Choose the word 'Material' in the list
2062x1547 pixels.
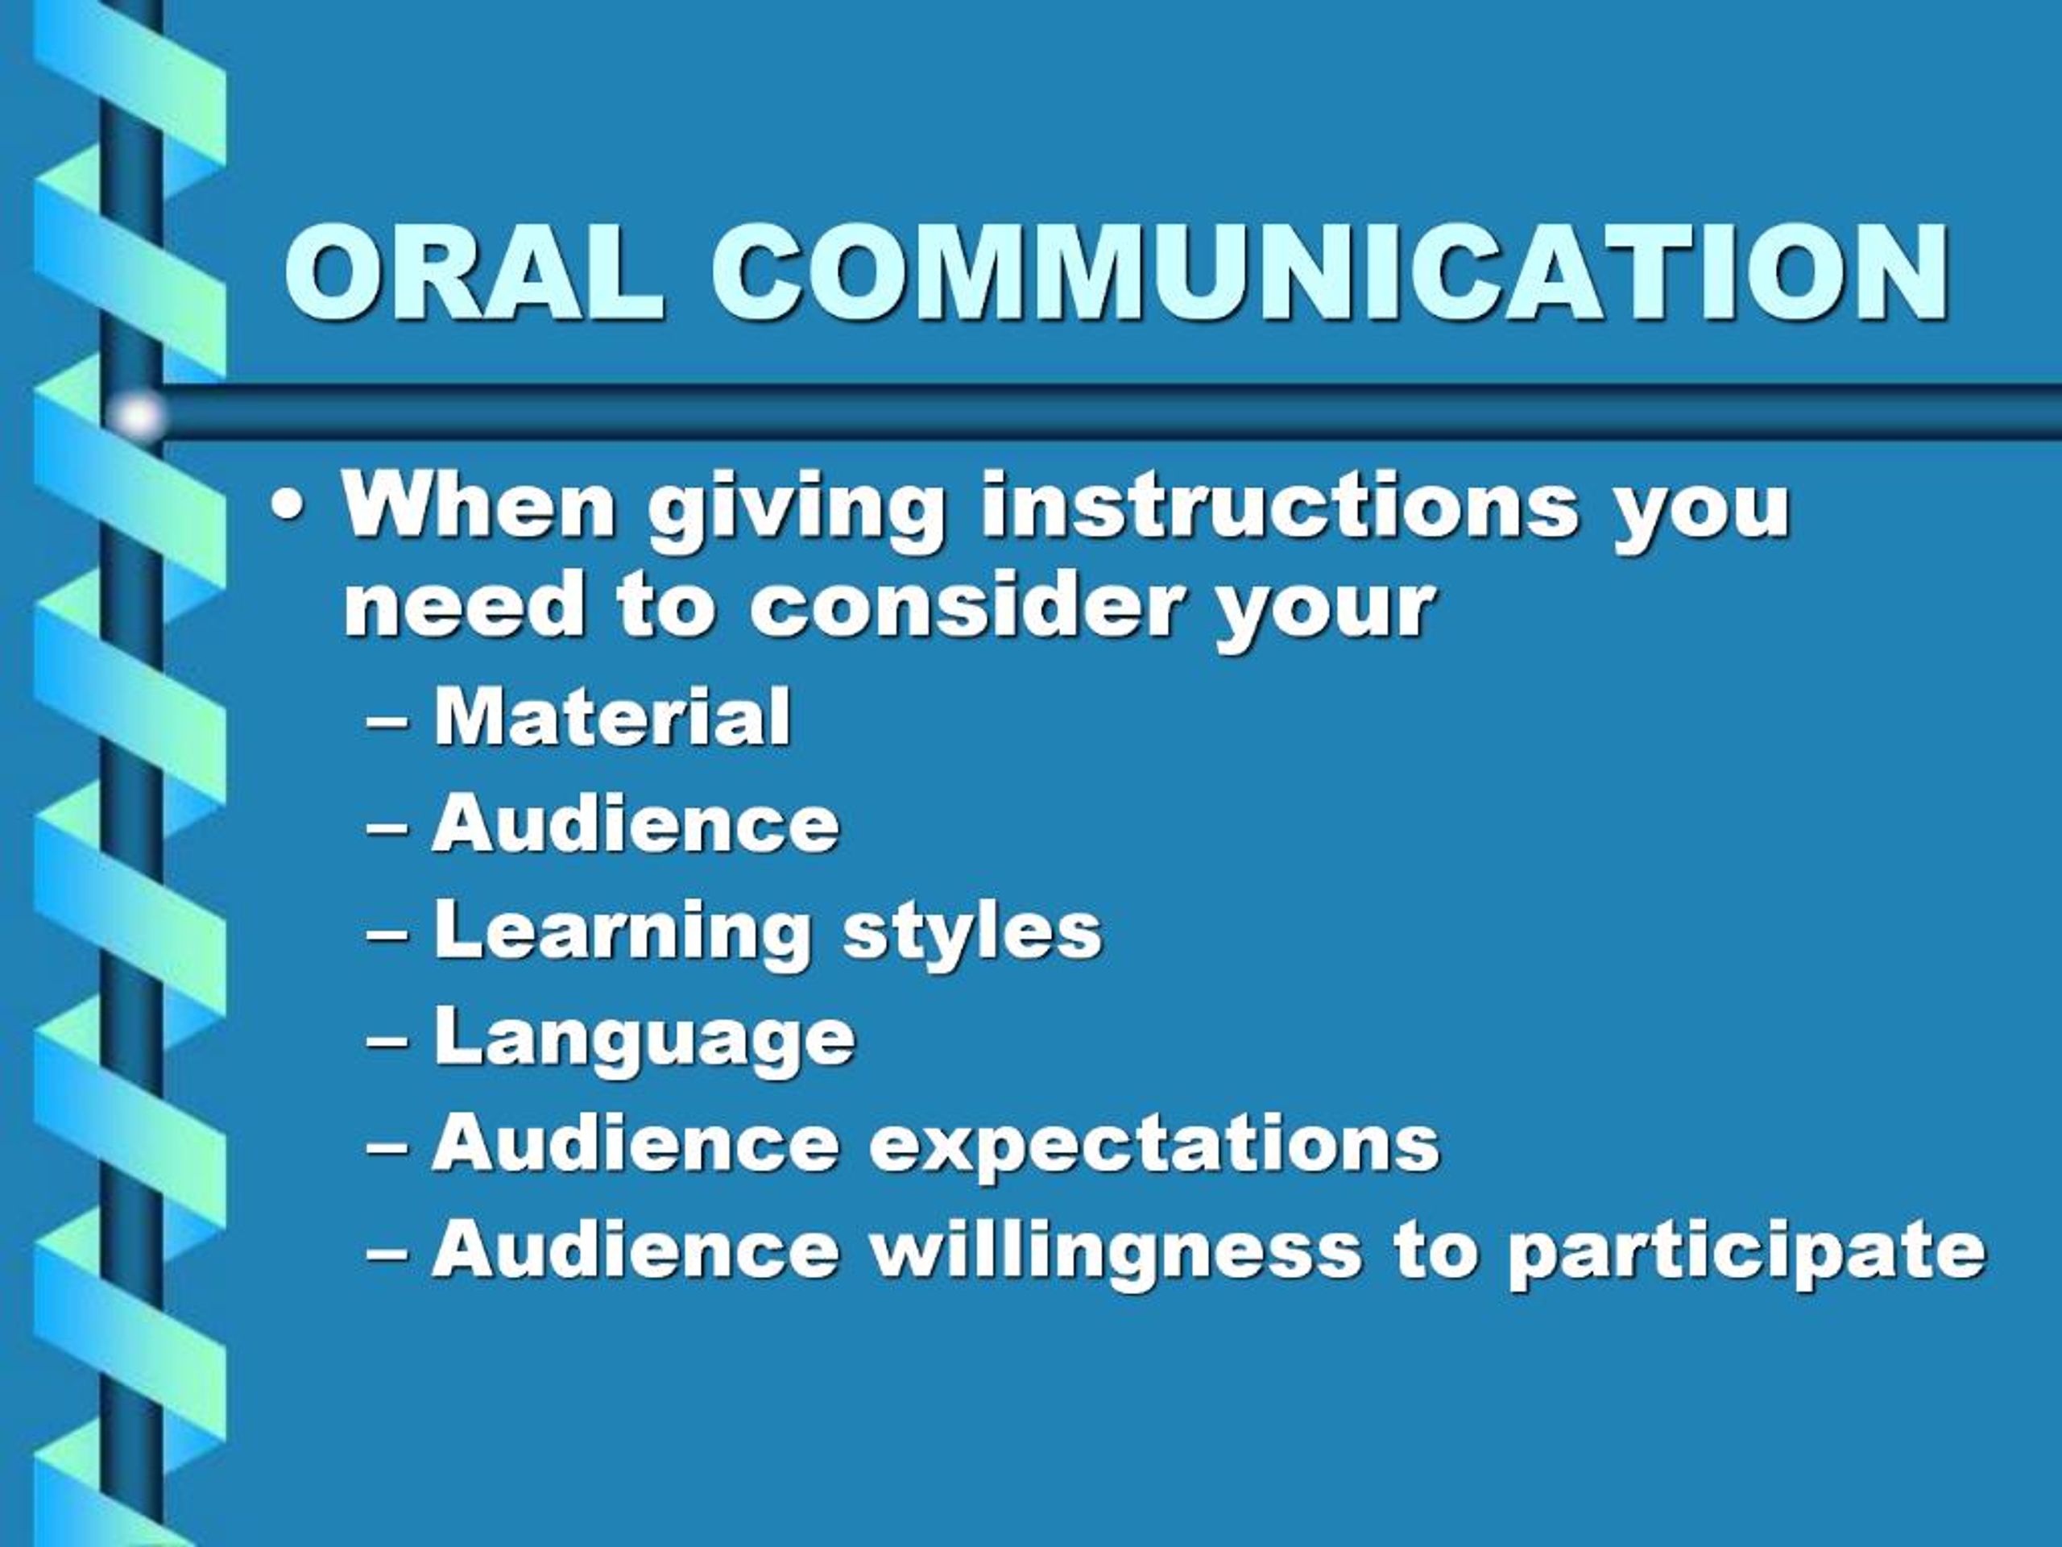(x=611, y=716)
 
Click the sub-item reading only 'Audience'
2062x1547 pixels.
(x=635, y=823)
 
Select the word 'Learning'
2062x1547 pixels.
(x=622, y=932)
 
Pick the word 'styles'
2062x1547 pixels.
(x=971, y=932)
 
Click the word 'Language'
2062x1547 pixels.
(x=644, y=1039)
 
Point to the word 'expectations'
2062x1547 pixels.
(x=1154, y=1145)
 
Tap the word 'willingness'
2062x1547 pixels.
(x=1116, y=1252)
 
